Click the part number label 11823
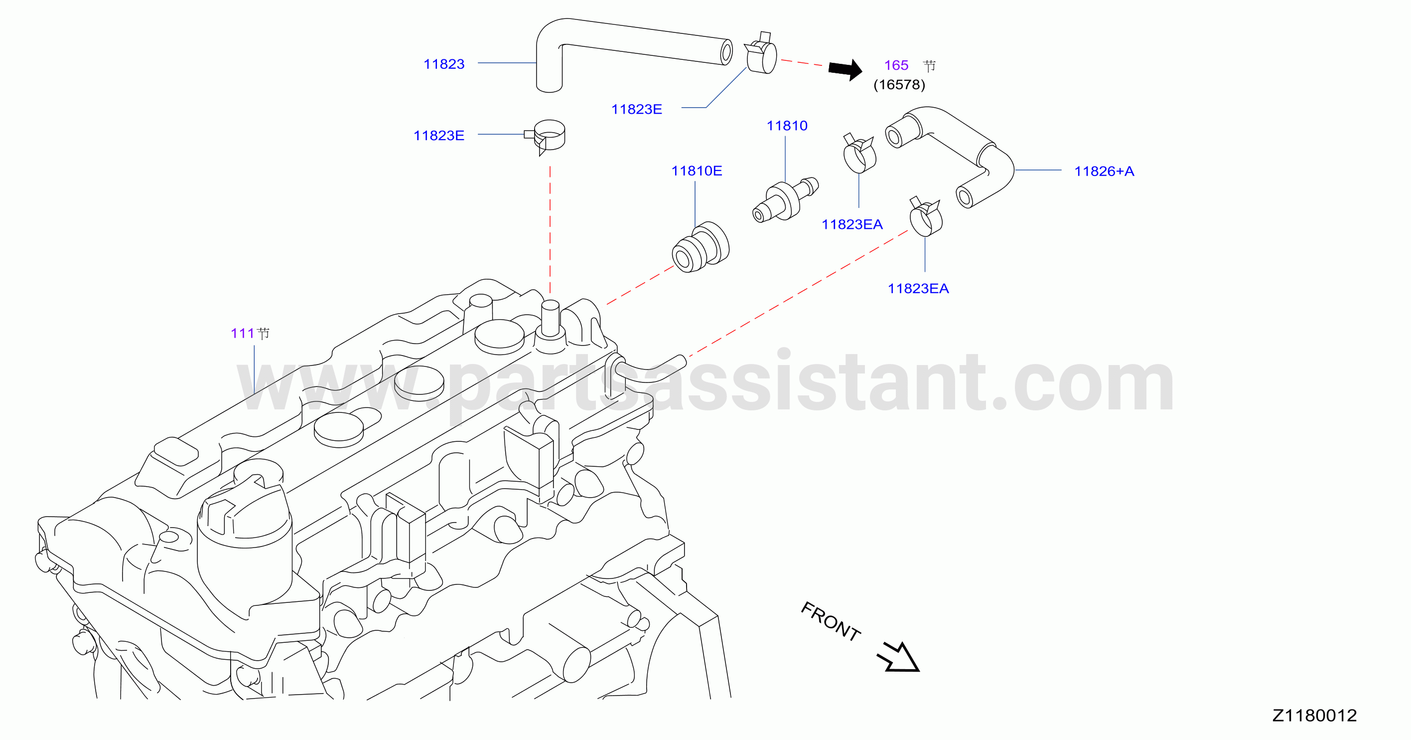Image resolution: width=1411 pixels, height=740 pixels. [x=443, y=64]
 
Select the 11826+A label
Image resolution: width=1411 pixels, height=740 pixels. [x=1104, y=172]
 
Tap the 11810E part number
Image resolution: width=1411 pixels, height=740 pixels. [x=697, y=171]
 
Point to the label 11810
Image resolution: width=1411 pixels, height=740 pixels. [x=787, y=126]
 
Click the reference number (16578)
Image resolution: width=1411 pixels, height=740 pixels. [x=899, y=84]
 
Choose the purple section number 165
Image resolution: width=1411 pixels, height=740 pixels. [x=896, y=65]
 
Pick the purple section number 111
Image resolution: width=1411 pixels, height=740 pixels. [x=242, y=333]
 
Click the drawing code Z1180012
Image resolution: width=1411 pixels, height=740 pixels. [x=1314, y=716]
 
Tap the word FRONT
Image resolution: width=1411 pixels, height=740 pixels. [x=831, y=621]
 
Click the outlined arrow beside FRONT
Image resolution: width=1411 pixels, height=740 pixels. [x=899, y=657]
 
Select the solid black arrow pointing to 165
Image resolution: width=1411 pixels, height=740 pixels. [x=845, y=70]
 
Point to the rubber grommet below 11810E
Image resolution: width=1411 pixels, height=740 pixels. [x=701, y=247]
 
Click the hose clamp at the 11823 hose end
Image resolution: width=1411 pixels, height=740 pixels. [x=761, y=53]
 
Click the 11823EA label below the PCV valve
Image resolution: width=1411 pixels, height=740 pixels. [x=852, y=225]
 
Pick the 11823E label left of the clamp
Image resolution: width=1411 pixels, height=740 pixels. [x=439, y=136]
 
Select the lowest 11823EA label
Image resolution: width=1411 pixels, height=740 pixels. [x=918, y=289]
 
